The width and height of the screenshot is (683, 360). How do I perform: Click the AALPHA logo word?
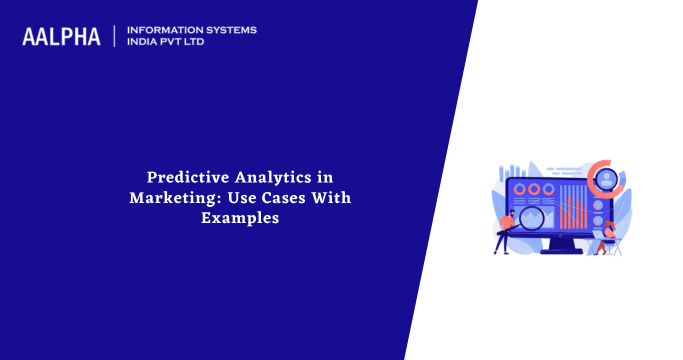tap(61, 36)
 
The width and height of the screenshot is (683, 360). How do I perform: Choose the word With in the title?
tap(329, 197)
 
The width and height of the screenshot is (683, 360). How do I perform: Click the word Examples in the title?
tap(239, 217)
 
